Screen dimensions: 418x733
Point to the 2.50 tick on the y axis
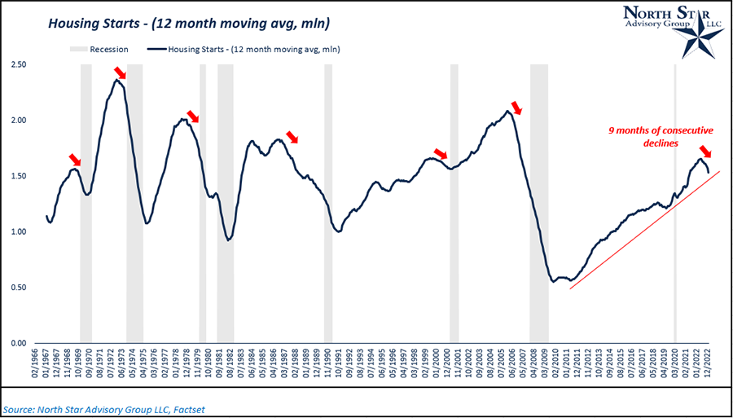(19, 64)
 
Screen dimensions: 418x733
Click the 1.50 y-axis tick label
(19, 176)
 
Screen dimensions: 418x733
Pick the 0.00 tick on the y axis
(19, 343)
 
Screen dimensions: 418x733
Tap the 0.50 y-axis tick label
(19, 288)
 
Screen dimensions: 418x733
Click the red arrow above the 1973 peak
(121, 74)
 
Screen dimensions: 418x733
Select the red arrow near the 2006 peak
(516, 108)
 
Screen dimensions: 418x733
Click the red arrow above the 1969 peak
(75, 159)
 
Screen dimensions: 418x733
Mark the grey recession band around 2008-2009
(539, 204)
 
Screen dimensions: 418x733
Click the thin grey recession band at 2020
(675, 204)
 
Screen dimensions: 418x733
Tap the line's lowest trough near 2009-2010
(554, 281)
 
